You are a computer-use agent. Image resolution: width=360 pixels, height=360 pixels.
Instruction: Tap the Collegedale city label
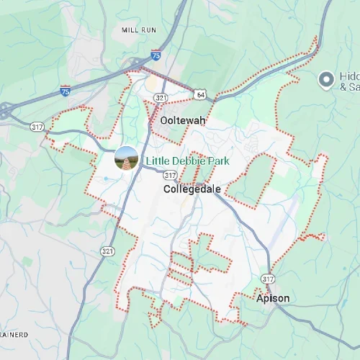coord(192,189)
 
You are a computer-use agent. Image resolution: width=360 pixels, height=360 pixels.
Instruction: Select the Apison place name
coord(274,297)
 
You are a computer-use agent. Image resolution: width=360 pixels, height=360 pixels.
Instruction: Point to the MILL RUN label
coord(140,30)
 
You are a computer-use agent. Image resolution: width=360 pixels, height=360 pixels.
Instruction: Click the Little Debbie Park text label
coord(187,161)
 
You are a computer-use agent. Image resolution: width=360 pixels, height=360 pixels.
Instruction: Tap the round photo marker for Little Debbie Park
coord(127,158)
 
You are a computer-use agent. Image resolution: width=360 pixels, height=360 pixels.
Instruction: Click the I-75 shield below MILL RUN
coord(156,55)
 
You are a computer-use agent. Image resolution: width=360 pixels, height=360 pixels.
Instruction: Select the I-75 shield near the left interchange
coord(66,91)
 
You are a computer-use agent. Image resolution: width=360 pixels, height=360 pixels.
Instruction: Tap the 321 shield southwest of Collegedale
coord(106,251)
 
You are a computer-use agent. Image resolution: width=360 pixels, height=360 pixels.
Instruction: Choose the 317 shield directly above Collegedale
coord(170,175)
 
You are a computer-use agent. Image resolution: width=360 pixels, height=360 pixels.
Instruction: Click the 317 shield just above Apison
coord(268,279)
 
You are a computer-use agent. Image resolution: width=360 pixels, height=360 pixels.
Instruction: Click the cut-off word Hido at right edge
coord(348,75)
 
